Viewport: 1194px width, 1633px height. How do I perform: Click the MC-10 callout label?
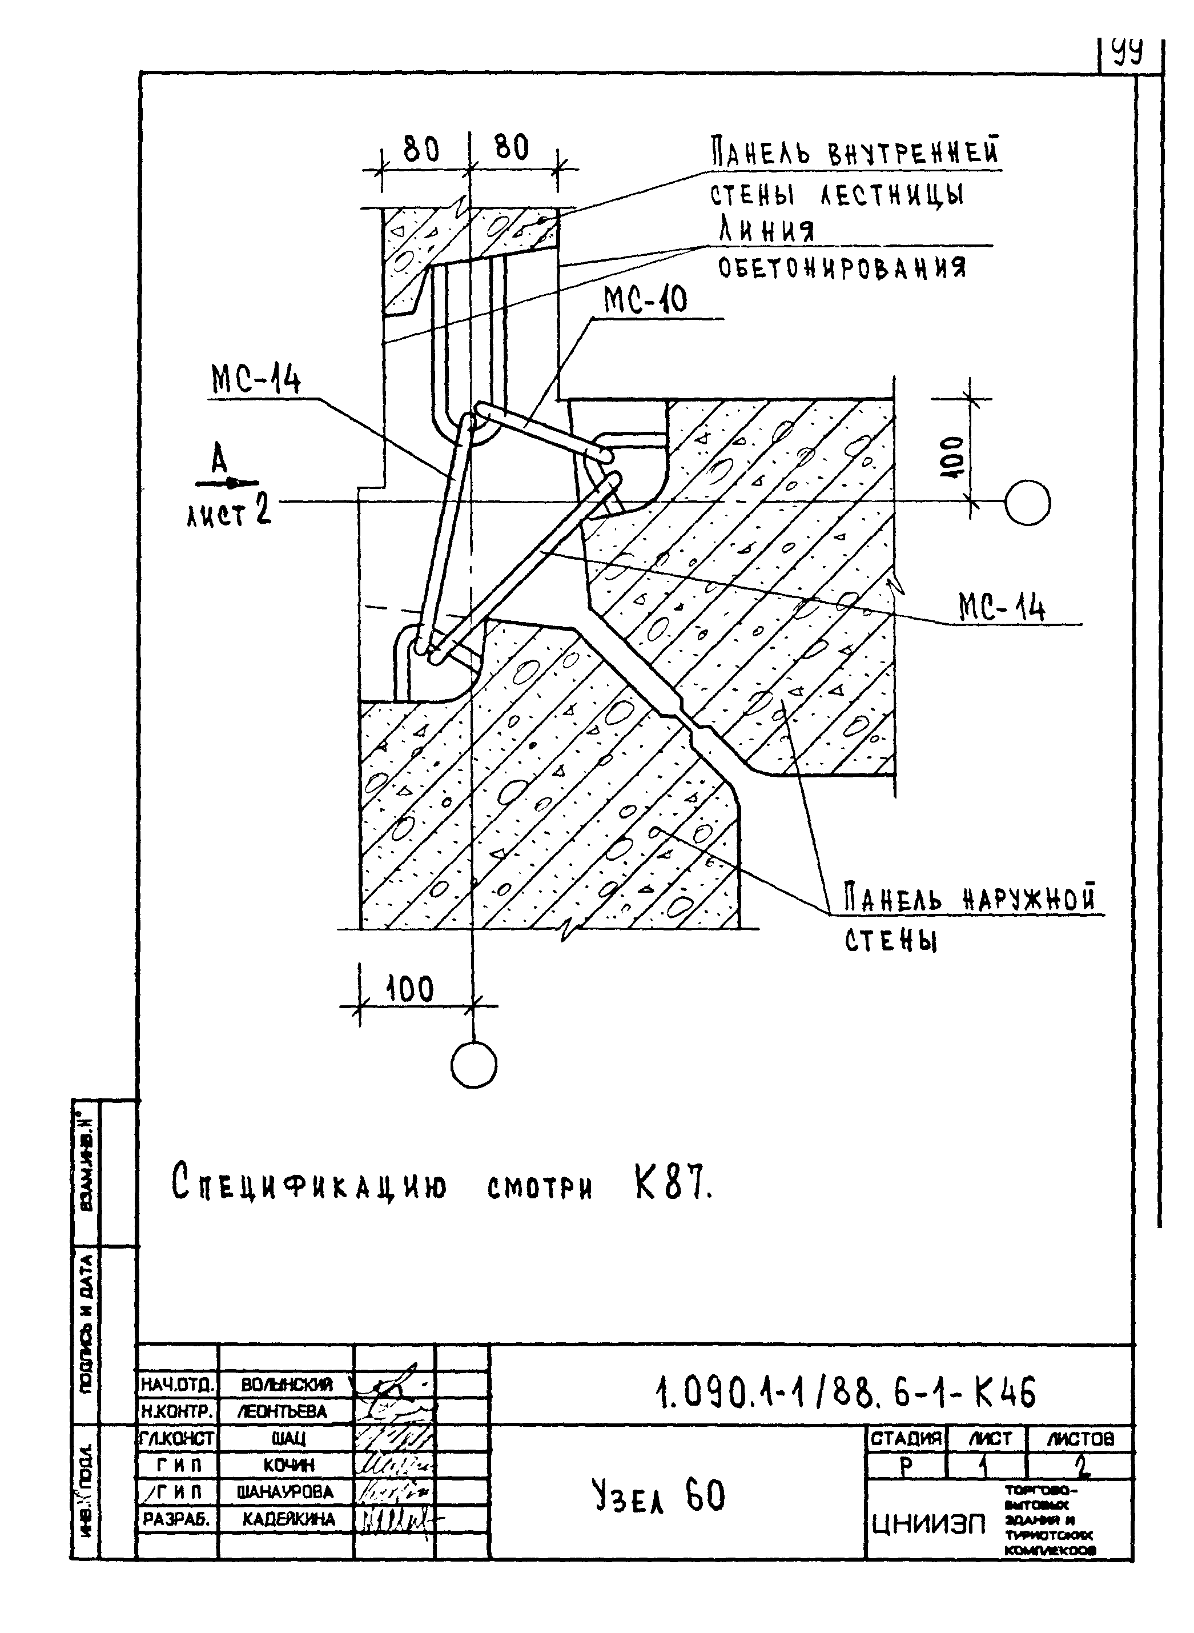click(x=645, y=300)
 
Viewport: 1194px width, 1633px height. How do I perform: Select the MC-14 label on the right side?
click(x=1001, y=607)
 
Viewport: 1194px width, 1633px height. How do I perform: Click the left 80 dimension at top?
click(x=421, y=150)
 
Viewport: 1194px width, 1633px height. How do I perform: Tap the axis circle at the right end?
click(x=1027, y=503)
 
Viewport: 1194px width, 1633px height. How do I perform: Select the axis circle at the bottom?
click(x=473, y=1064)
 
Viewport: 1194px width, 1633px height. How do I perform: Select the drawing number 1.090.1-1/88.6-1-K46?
click(x=845, y=1393)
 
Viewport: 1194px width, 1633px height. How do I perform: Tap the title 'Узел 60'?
click(x=658, y=1496)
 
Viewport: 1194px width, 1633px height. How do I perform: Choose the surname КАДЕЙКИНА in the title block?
click(x=288, y=1519)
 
